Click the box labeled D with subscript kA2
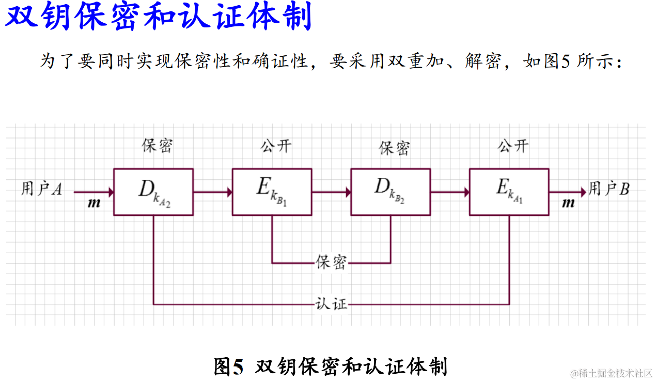pyautogui.click(x=153, y=192)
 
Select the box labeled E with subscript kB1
pyautogui.click(x=272, y=192)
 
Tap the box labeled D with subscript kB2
pyautogui.click(x=391, y=192)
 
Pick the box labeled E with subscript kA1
pyautogui.click(x=509, y=192)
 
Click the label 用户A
pyautogui.click(x=42, y=189)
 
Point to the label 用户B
pyautogui.click(x=609, y=189)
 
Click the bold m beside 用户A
pyautogui.click(x=94, y=203)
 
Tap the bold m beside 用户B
pyautogui.click(x=568, y=203)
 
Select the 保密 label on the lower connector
pyautogui.click(x=331, y=262)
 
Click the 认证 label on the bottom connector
pyautogui.click(x=331, y=303)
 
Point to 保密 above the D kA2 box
pyautogui.click(x=157, y=146)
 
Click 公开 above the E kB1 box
pyautogui.click(x=275, y=146)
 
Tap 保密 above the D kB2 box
pyautogui.click(x=394, y=148)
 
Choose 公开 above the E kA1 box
pyautogui.click(x=512, y=146)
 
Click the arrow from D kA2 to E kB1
pyautogui.click(x=212, y=192)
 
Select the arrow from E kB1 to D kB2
pyautogui.click(x=331, y=192)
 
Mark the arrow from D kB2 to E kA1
pyautogui.click(x=449, y=192)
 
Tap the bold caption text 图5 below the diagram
pyautogui.click(x=228, y=366)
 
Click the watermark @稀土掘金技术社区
pyautogui.click(x=611, y=373)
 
